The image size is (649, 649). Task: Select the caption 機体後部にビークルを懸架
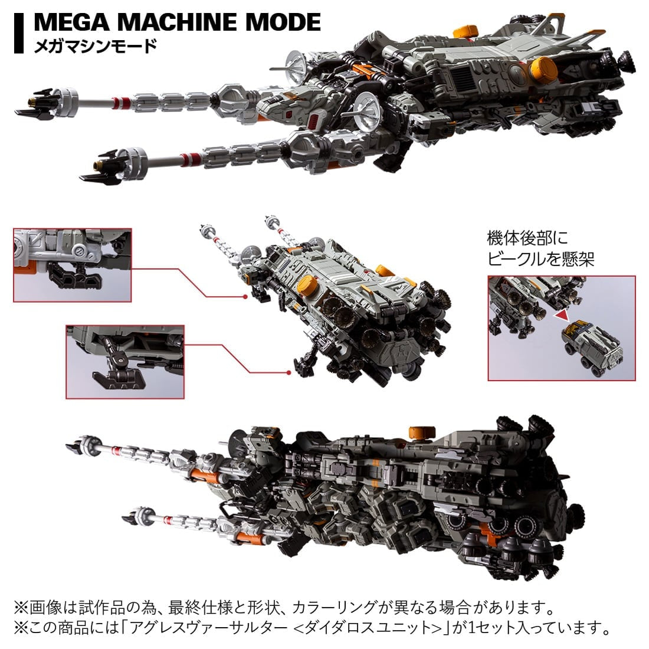tap(540, 248)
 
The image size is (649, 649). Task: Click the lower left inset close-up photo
tap(125, 361)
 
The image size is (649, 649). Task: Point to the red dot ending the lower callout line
tap(288, 373)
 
